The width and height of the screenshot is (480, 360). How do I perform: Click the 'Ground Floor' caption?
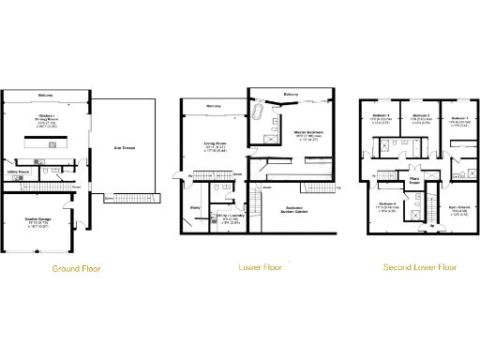[75, 268]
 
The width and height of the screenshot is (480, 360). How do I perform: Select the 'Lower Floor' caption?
[259, 267]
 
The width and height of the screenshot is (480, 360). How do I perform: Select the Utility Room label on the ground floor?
[18, 173]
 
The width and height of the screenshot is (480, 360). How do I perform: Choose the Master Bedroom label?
[308, 133]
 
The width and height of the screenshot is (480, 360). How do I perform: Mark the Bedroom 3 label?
[381, 115]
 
